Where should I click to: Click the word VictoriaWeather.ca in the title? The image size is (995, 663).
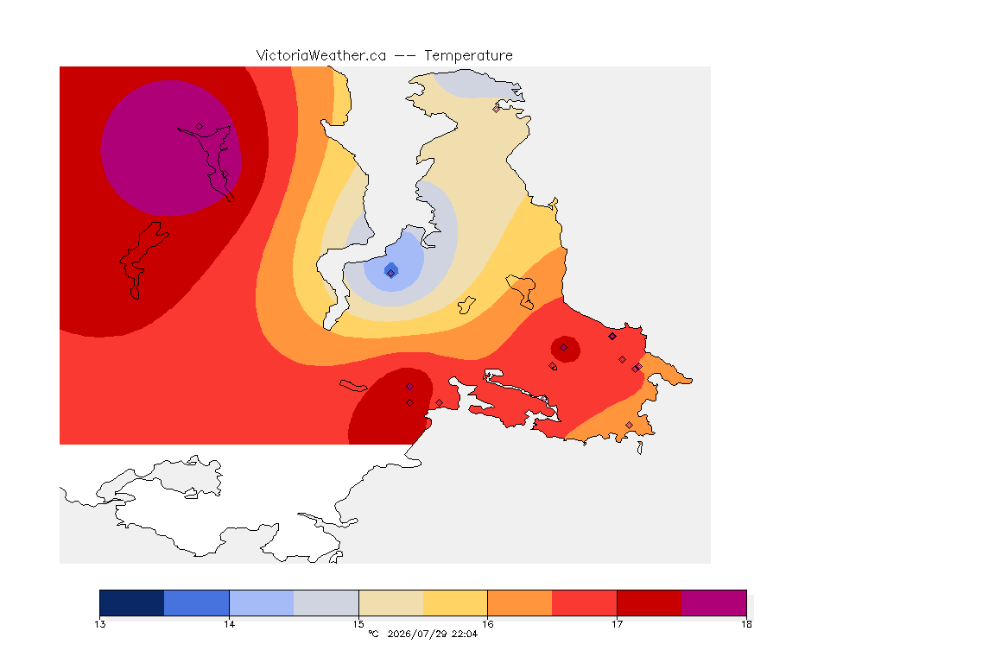point(321,56)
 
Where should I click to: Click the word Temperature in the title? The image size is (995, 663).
point(468,56)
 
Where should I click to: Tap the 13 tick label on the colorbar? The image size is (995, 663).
point(100,624)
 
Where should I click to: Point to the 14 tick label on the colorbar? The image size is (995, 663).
point(229,624)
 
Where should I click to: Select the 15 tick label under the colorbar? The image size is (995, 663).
point(358,624)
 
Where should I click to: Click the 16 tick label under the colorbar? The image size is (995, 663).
point(487,624)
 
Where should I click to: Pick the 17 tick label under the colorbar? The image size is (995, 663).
point(617,624)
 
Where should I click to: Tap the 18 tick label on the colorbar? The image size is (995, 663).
point(746,624)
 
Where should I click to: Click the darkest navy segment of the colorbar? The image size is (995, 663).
point(132,603)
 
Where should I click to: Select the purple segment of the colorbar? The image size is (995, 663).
point(714,603)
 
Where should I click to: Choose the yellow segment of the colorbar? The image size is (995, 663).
point(455,603)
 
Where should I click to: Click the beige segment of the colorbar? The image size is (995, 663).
point(391,603)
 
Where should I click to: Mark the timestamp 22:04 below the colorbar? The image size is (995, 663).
point(465,634)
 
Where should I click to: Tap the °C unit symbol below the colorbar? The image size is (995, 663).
point(374,634)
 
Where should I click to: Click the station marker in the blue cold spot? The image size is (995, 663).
point(391,273)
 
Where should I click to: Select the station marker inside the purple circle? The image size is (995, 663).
point(200,127)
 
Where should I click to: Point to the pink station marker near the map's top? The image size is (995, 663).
point(497,109)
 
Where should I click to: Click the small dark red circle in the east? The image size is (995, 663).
point(565,349)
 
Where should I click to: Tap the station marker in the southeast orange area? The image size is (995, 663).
point(629,425)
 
